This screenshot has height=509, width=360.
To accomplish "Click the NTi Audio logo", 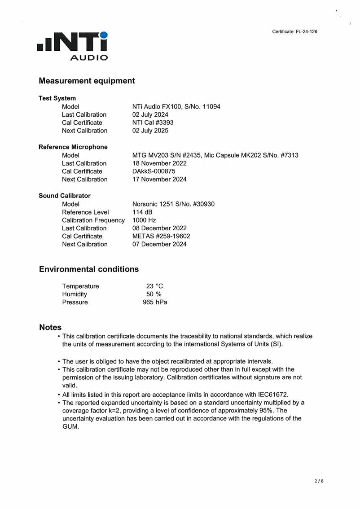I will click(x=73, y=45).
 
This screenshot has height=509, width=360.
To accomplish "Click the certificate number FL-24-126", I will click(x=295, y=31).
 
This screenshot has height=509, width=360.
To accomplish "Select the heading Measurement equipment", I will click(x=87, y=81).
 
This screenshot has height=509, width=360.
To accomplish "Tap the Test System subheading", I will click(x=57, y=98).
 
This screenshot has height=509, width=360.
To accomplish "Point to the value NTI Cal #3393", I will click(x=153, y=123).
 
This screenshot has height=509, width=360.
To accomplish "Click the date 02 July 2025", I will click(x=151, y=131).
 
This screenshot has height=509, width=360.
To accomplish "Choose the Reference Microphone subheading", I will click(x=73, y=147).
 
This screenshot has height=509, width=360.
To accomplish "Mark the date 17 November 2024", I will click(x=159, y=179).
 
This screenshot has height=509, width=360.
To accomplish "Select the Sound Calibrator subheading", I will click(x=65, y=196).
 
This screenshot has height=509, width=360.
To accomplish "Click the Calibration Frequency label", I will click(x=93, y=220).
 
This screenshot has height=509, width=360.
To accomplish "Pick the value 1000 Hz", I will click(x=144, y=220).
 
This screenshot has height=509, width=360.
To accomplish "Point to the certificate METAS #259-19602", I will click(x=161, y=236).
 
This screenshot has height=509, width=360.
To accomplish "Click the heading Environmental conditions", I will click(x=89, y=269).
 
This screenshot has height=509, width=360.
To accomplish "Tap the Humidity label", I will click(x=75, y=294).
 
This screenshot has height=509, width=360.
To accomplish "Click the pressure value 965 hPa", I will click(x=154, y=302).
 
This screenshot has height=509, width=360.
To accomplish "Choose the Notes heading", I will click(x=50, y=328).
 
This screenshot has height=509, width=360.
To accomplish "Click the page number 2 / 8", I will click(x=319, y=481).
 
